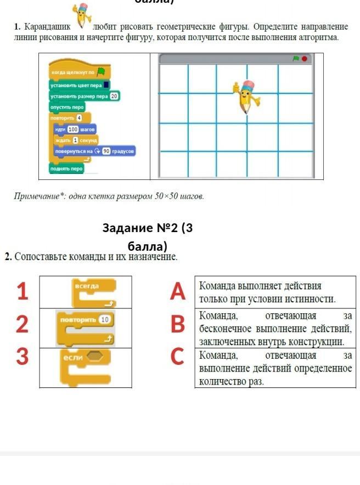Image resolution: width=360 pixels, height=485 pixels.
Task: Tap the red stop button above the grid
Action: tap(305, 58)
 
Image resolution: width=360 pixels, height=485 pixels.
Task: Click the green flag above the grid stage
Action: tap(295, 58)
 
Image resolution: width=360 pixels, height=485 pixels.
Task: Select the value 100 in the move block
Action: tap(74, 129)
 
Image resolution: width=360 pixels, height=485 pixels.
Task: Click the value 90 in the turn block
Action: tap(106, 151)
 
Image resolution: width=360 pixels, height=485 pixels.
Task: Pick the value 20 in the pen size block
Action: tap(114, 96)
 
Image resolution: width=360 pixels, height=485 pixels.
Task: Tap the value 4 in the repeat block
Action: tap(79, 118)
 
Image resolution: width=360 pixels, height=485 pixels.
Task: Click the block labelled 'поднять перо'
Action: tap(66, 168)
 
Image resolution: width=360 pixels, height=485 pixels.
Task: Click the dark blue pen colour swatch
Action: tap(106, 84)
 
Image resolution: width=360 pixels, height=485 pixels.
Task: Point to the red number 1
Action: tap(22, 291)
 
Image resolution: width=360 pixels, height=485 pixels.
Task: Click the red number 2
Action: tap(22, 324)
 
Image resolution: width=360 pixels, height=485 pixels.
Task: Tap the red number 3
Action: tap(22, 357)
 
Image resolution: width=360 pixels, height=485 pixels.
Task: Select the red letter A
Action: tap(177, 291)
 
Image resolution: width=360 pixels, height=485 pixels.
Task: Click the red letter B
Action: tap(177, 324)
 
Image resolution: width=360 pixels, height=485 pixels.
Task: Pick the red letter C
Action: tap(177, 357)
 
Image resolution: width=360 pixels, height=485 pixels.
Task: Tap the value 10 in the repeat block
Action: tap(106, 319)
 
